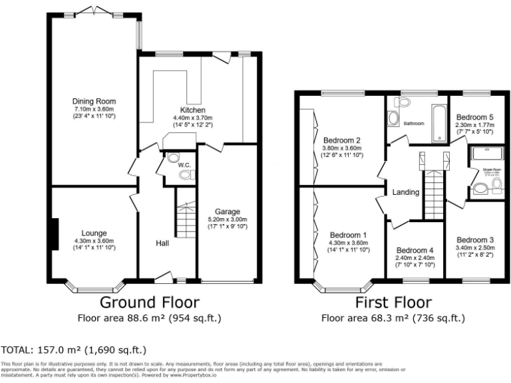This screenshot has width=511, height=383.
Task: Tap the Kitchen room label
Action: coord(192,110)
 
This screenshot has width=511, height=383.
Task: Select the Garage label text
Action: coord(227,211)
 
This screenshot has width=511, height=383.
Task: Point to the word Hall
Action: coord(162,243)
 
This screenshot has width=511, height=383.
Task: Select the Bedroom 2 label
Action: coord(341,140)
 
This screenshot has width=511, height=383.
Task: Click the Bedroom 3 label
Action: coord(474,239)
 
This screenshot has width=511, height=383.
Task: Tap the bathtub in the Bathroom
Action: coord(438,123)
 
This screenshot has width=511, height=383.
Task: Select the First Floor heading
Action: coord(393,303)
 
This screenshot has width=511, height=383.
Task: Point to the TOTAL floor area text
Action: coord(74,350)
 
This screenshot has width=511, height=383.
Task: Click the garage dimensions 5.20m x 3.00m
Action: coord(227,219)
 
